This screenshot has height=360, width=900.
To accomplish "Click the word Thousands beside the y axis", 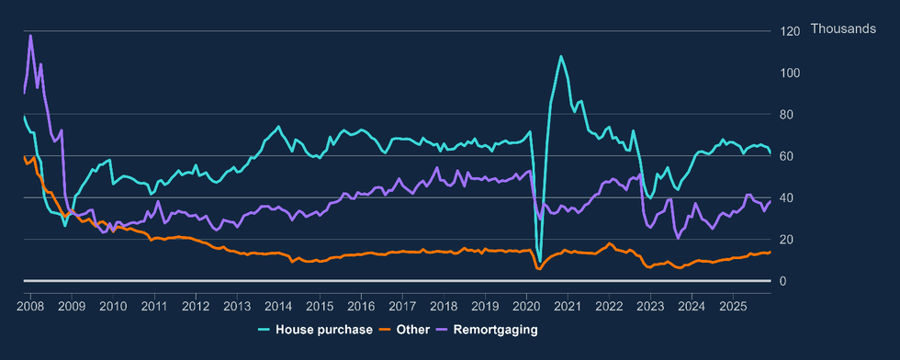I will (843, 30).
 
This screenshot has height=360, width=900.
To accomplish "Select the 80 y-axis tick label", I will (787, 114).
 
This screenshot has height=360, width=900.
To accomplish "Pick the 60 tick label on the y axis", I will (787, 156).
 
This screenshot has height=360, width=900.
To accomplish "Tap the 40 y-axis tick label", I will (787, 197).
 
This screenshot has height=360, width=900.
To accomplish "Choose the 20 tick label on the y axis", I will (787, 239).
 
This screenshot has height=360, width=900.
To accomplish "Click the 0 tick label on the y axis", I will (783, 281).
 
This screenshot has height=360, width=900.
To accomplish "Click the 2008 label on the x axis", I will (30, 305).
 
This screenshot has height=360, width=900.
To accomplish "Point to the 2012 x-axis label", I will (196, 305).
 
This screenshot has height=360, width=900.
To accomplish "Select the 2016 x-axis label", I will (361, 305).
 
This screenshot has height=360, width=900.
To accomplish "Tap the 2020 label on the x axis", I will (526, 305).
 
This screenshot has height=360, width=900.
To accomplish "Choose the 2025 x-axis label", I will (733, 305).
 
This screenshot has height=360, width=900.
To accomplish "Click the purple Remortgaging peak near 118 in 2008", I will (30, 36).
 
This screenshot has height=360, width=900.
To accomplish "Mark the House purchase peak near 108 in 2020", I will (561, 56).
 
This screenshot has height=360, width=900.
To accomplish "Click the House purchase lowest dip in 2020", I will (539, 263).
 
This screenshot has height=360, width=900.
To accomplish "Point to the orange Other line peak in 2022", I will (609, 243).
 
